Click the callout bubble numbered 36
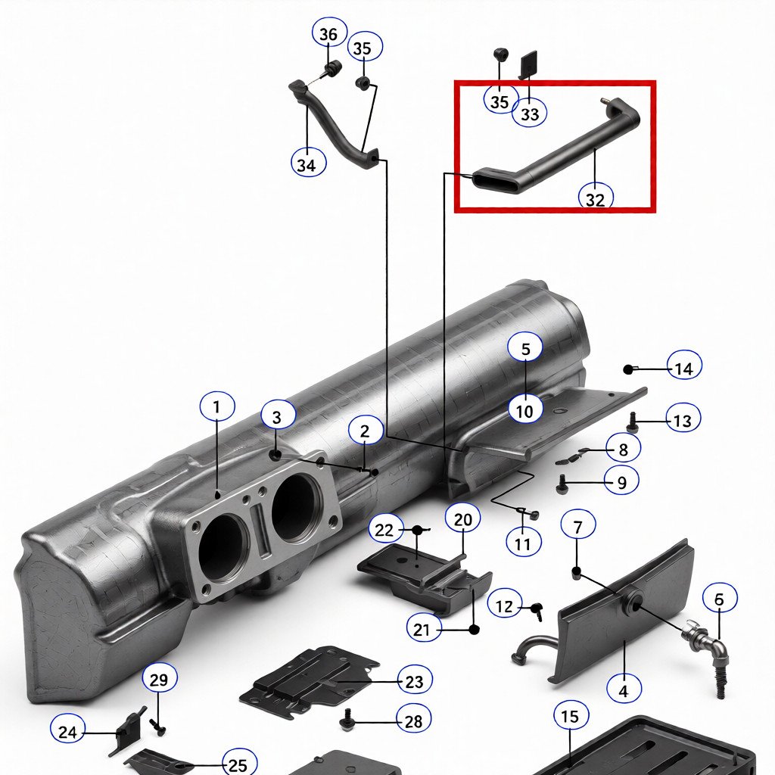point(328,35)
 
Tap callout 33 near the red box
point(530,114)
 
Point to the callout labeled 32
point(596,199)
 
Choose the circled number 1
point(217,407)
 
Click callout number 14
point(683,369)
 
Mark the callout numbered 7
point(578,524)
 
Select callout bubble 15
point(571,716)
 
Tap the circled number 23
point(414,682)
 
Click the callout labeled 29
point(158,679)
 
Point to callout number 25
point(238,764)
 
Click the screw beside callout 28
point(349,721)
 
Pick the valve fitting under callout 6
point(702,642)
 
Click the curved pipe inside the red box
point(560,151)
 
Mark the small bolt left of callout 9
point(562,483)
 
